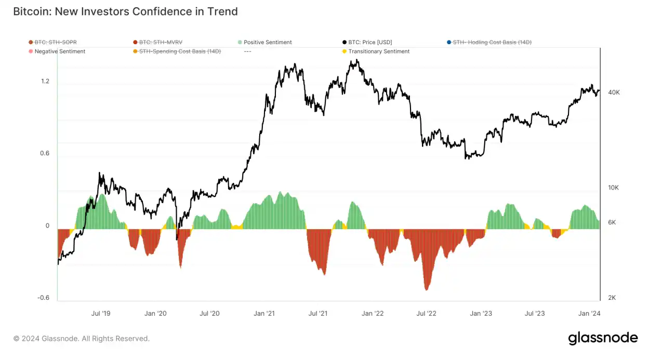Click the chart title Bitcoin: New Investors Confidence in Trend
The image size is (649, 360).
[x=125, y=11]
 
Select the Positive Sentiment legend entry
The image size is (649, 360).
[x=268, y=42]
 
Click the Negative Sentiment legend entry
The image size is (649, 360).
[x=60, y=51]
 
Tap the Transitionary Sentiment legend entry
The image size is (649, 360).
[x=379, y=51]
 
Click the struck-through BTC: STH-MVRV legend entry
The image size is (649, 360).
[x=161, y=42]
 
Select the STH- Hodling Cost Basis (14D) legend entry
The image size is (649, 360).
[x=492, y=42]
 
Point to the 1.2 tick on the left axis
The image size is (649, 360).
[x=45, y=81]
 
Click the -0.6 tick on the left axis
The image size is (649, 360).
[x=44, y=298]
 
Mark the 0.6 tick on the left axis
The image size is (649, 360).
[x=45, y=153]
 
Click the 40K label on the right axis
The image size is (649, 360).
[x=614, y=92]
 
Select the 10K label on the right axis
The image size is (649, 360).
[x=614, y=188]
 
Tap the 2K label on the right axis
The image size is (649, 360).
[x=612, y=298]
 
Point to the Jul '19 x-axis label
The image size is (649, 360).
[x=100, y=313]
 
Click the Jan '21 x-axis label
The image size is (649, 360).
[x=264, y=313]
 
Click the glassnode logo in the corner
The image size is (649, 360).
[x=603, y=338]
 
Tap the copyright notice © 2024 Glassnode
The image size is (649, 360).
[x=82, y=339]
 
